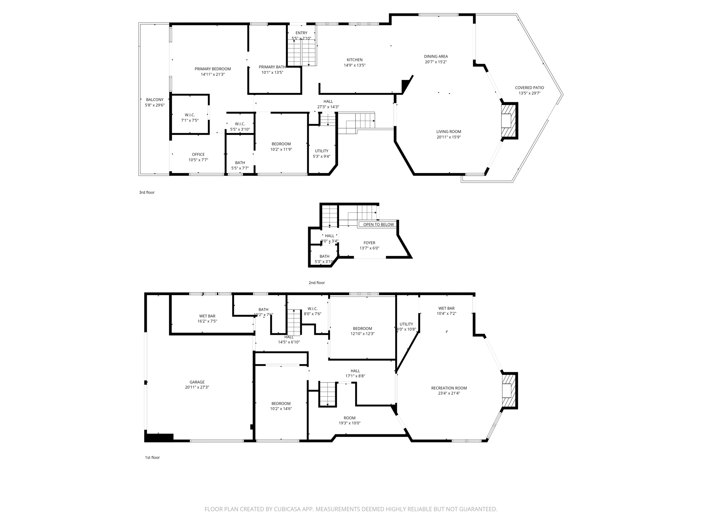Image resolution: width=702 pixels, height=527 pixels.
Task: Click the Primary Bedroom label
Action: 213,69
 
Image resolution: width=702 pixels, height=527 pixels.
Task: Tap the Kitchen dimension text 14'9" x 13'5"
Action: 354,65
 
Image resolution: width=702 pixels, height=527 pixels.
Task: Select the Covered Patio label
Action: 529,88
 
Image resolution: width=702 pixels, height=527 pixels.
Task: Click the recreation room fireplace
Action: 509,390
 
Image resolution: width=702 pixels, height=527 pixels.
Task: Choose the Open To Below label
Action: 378,224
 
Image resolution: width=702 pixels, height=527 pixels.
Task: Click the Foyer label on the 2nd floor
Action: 369,243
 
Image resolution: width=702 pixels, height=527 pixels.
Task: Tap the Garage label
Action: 197,382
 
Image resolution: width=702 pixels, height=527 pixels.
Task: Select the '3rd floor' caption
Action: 147,192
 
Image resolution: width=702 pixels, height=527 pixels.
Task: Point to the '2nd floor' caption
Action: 316,283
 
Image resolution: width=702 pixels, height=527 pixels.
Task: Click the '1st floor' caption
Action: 152,457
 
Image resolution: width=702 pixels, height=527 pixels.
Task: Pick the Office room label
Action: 198,154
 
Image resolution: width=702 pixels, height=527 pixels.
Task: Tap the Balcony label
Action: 155,100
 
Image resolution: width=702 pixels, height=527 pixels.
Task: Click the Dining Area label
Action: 436,57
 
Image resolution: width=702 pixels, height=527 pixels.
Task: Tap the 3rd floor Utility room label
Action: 322,151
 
